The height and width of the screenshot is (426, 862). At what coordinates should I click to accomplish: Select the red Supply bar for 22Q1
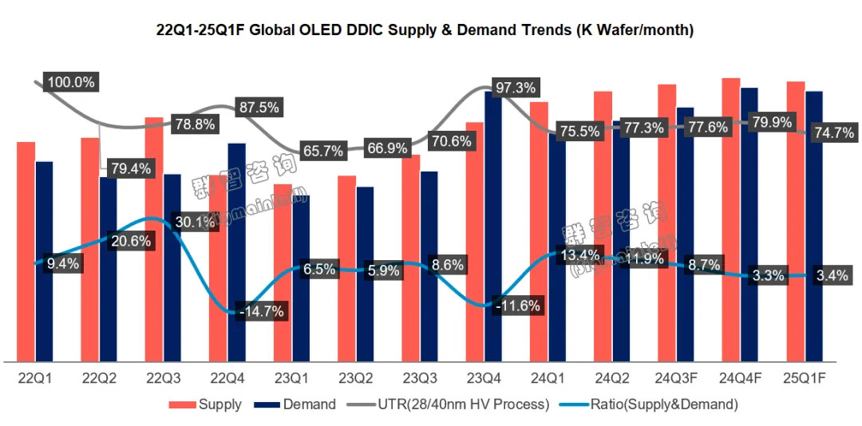[x=26, y=252]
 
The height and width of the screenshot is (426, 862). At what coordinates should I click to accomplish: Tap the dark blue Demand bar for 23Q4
[x=493, y=231]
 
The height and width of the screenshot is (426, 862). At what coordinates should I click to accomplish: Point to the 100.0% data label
[x=71, y=82]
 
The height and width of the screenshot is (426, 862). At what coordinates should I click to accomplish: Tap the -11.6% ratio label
[x=518, y=305]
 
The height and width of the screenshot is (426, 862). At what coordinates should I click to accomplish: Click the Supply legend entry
[x=205, y=404]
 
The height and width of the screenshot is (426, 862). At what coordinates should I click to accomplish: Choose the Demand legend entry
[x=295, y=404]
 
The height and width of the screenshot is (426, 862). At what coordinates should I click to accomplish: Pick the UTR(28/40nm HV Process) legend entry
[x=450, y=404]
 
